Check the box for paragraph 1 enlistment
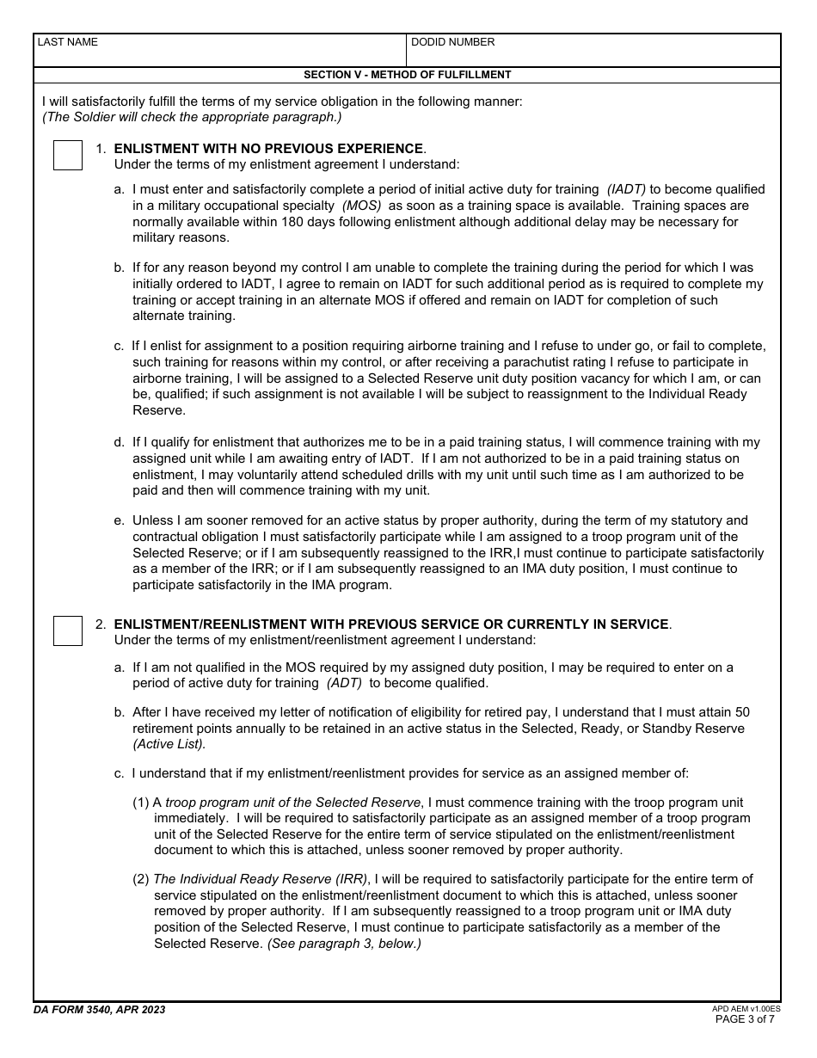click(x=68, y=156)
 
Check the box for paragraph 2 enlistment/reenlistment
click(x=68, y=630)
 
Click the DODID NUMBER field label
click(x=452, y=42)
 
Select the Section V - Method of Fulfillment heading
click(x=408, y=75)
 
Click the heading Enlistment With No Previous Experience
click(x=268, y=149)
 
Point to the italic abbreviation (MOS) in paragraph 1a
click(x=361, y=206)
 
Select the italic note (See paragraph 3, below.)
click(x=344, y=944)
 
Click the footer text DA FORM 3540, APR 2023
click(x=100, y=1010)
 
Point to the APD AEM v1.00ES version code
click(x=746, y=1008)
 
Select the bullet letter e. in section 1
click(x=119, y=520)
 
